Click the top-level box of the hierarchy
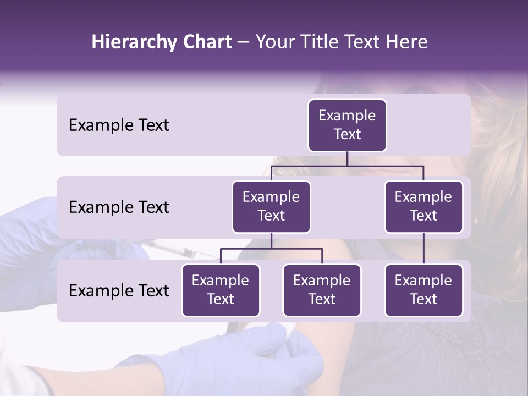coord(347,125)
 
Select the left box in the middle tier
coord(271,206)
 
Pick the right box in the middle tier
coord(424,206)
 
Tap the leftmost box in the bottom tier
coord(221,290)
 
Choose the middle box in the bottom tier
coord(322,290)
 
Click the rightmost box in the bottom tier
coord(424,290)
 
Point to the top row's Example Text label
coord(119,125)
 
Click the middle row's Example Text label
coord(119,207)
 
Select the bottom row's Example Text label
coord(119,291)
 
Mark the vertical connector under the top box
coord(347,158)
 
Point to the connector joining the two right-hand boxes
coord(424,249)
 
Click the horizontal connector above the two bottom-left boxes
coord(271,249)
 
